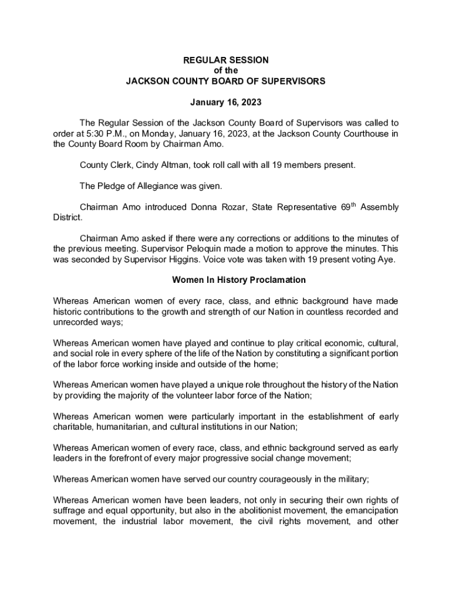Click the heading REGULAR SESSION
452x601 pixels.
pyautogui.click(x=226, y=60)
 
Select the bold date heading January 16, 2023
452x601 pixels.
pyautogui.click(x=226, y=102)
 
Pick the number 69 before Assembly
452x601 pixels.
pyautogui.click(x=346, y=207)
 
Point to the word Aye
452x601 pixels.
pyautogui.click(x=386, y=259)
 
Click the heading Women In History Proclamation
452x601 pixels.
pyautogui.click(x=238, y=280)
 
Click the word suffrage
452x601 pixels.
pyautogui.click(x=70, y=510)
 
